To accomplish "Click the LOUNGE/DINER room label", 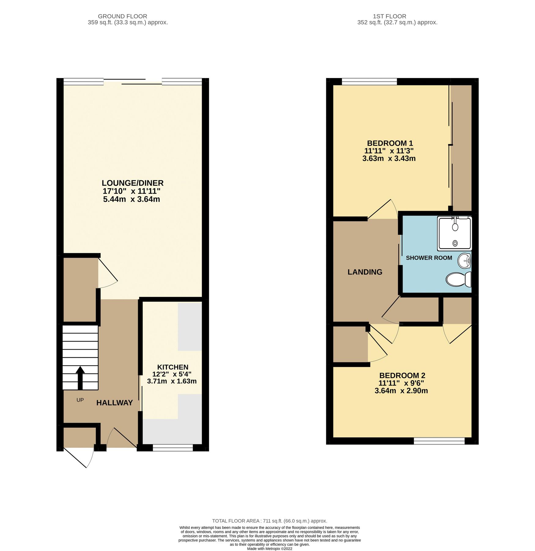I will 132,183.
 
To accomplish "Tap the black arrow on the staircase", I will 80,378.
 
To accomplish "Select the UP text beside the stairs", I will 80,400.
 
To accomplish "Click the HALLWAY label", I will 114,403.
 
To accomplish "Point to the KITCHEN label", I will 172,367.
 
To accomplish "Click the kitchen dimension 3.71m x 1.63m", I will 172,381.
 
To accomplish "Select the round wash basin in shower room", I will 464,261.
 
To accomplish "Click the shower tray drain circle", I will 455,243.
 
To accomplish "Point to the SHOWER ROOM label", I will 429,258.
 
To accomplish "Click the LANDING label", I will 365,272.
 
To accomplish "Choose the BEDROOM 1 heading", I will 390,143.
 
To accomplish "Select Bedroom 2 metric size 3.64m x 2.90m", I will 401,391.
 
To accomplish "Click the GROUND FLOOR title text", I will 122,16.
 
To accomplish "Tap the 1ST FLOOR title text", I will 389,16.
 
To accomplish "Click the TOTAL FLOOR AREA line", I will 269,521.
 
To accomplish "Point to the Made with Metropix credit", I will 269,549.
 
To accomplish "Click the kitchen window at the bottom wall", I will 173,448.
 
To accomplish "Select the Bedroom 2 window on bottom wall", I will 439,441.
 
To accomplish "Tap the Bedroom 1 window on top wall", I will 369,81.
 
